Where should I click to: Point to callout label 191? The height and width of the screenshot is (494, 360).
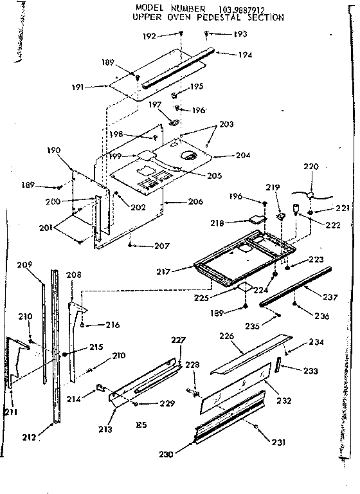[x=96, y=86]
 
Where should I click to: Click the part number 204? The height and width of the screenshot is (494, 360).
[x=226, y=155]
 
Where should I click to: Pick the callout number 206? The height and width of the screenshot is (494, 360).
[x=195, y=202]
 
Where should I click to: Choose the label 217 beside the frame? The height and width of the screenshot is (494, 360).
[x=163, y=271]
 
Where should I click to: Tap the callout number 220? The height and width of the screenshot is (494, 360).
[x=311, y=167]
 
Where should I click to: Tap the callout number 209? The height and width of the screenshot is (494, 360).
[x=42, y=263]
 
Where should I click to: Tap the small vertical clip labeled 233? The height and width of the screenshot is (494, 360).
[x=278, y=366]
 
